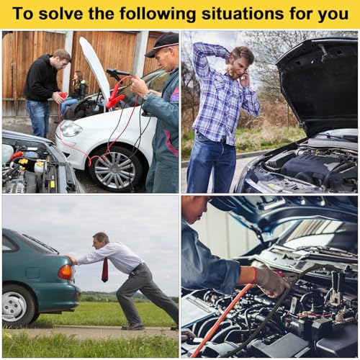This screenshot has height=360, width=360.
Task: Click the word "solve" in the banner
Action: [60, 14]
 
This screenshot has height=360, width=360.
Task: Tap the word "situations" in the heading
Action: [243, 14]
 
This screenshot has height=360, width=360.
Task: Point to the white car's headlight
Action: [70, 128]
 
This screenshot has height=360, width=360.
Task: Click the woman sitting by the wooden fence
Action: [75, 91]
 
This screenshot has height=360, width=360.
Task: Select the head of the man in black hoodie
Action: [62, 59]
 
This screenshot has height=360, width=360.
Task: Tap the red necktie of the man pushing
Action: [105, 270]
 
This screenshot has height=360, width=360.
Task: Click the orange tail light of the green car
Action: [66, 272]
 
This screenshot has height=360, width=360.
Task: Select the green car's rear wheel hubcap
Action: [14, 307]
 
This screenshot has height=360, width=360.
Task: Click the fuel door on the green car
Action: [32, 273]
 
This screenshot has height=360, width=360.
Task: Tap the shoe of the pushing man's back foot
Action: [132, 327]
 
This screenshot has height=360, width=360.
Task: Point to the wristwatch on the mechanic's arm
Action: [147, 96]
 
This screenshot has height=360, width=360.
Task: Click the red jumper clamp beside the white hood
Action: [113, 99]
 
